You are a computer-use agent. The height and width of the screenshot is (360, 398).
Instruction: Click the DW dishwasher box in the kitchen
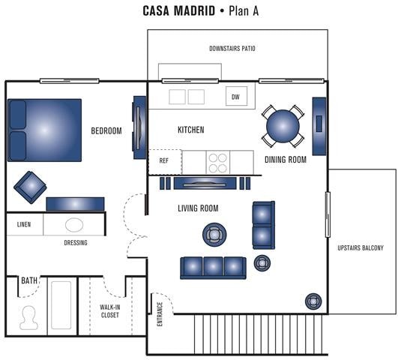235,97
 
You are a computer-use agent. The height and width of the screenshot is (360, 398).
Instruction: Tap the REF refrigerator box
164,160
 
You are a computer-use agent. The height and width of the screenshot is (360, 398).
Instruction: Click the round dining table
283,126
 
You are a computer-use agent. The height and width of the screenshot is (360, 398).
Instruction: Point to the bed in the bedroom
44,130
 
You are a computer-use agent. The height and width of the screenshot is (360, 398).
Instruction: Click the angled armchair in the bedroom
30,187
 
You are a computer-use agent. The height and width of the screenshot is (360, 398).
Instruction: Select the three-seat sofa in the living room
213,266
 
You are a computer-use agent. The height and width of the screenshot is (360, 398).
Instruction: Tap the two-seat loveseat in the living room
263,224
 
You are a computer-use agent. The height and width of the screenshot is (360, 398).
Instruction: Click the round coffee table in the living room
214,235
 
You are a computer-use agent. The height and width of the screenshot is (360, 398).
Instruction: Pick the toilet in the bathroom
29,316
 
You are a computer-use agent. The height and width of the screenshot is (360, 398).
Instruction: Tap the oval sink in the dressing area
74,224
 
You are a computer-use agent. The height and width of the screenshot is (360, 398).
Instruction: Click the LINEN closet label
24,224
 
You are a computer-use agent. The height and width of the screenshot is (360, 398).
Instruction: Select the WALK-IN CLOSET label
110,310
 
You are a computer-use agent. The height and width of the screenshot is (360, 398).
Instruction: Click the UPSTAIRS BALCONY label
361,248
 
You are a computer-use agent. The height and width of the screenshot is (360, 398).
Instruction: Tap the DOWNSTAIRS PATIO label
232,49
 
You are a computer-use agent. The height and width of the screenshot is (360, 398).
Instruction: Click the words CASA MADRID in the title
178,11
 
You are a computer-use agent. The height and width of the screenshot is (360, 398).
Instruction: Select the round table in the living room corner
312,301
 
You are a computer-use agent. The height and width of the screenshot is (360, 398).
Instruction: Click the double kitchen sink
187,97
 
